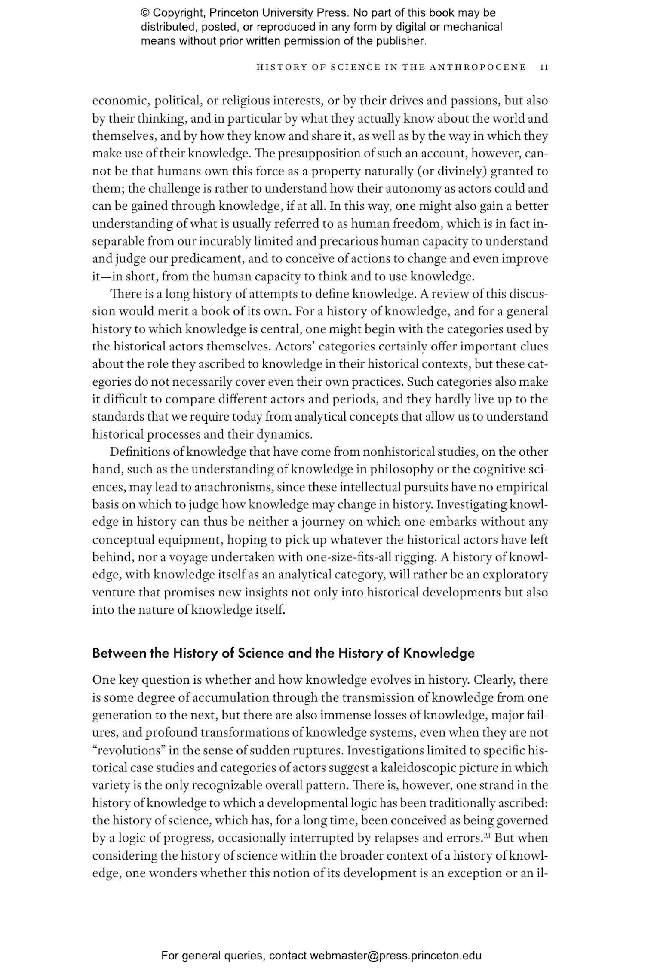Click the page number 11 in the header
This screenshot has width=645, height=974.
coord(544,67)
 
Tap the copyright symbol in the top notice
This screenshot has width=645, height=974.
coord(144,13)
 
